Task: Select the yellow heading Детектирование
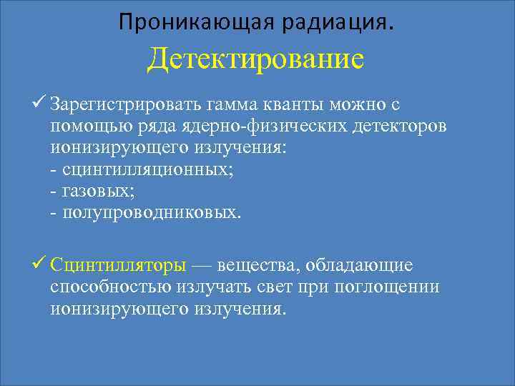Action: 255,59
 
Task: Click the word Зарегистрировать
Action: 125,106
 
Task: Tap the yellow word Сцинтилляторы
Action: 119,266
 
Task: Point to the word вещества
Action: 257,266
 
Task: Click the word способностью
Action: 110,287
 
